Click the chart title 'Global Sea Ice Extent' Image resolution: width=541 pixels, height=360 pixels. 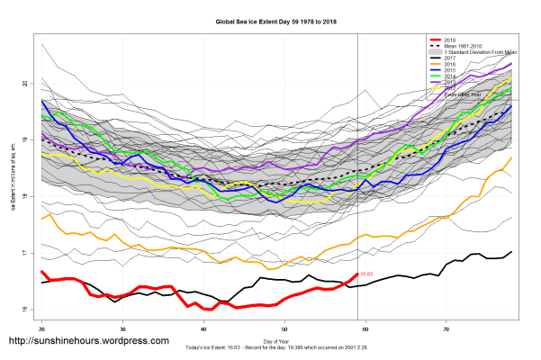[x=269, y=20]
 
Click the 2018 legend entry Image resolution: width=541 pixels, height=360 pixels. [x=450, y=40]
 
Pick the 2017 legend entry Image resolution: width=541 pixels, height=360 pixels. [x=450, y=58]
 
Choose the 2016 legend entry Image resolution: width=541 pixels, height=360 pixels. [x=450, y=65]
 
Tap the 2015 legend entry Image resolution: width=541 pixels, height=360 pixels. [x=450, y=71]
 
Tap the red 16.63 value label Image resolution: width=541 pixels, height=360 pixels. [x=367, y=274]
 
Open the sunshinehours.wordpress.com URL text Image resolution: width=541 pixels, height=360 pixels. [x=88, y=341]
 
